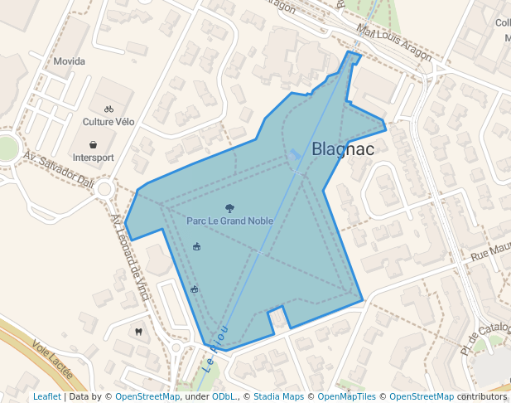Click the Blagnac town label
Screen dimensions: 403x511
[343, 149]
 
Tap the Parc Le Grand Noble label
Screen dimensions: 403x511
[229, 221]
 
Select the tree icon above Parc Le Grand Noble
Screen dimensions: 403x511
[229, 208]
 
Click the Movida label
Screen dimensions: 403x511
[70, 61]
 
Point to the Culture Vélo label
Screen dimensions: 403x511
[108, 121]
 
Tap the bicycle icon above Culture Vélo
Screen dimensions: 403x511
[108, 109]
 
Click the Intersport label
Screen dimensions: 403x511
[94, 157]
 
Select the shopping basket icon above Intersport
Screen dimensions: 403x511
[94, 143]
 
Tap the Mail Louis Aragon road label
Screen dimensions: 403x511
[393, 41]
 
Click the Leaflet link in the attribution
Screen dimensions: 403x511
[46, 396]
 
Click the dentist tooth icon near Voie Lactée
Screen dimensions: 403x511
[138, 332]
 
